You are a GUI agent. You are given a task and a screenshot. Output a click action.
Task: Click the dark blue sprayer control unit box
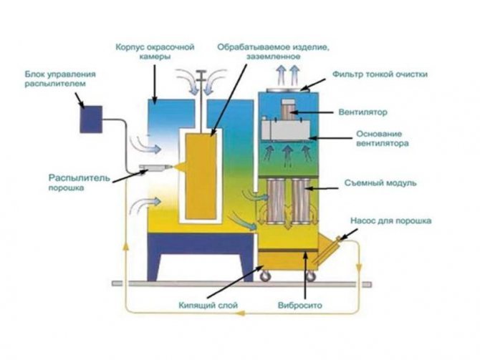point(91,120)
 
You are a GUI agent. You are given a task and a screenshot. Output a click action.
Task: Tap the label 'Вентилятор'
point(363,112)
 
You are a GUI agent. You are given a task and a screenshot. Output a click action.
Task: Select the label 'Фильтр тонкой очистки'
point(380,74)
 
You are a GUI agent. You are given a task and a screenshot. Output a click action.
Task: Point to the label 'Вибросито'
point(300,306)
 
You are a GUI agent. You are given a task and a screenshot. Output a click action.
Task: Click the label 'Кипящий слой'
point(208,305)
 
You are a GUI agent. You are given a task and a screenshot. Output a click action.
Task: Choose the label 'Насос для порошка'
point(391,220)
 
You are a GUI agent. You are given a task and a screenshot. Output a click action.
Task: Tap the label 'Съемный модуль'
point(380,183)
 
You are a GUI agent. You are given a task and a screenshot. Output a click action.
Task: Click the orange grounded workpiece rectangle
point(201,177)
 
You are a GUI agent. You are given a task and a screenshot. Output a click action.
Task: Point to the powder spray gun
point(155,167)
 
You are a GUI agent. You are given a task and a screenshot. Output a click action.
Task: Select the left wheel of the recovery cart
point(265,276)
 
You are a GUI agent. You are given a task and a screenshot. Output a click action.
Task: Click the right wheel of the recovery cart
point(310,277)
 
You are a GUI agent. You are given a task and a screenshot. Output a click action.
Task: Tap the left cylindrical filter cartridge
point(276,201)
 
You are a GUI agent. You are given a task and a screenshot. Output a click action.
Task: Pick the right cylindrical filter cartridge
point(301,201)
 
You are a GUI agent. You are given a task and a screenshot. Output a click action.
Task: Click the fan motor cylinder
point(289,110)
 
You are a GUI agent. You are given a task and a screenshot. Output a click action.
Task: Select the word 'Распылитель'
point(80,177)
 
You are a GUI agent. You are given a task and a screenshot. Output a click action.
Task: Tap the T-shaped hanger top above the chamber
point(201,72)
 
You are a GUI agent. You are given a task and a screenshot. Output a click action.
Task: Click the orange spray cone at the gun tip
point(180,167)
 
